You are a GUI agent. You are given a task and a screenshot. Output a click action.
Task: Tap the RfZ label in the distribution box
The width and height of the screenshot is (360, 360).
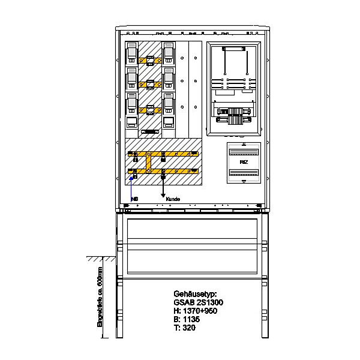click(x=244, y=161)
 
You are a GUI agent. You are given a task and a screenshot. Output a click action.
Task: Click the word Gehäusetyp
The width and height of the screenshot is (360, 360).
click(x=193, y=295)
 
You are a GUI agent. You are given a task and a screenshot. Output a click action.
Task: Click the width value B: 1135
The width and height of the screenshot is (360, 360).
click(x=186, y=320)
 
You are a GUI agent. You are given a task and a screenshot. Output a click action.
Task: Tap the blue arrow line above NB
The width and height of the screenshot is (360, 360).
click(x=131, y=186)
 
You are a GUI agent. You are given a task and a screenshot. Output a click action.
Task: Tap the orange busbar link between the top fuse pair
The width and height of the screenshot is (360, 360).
click(x=150, y=60)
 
